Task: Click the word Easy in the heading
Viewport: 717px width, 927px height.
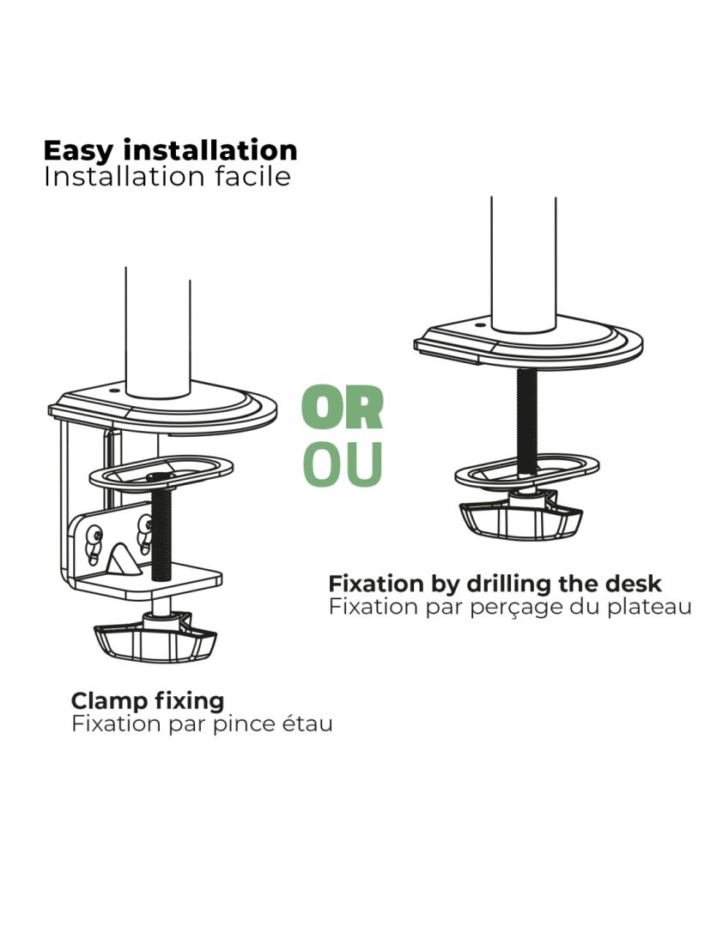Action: (77, 151)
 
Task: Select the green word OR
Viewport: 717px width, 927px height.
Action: (343, 409)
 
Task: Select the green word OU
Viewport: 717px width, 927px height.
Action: (343, 463)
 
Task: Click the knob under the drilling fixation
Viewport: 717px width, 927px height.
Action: (520, 518)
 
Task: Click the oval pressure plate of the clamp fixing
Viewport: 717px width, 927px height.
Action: (161, 473)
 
